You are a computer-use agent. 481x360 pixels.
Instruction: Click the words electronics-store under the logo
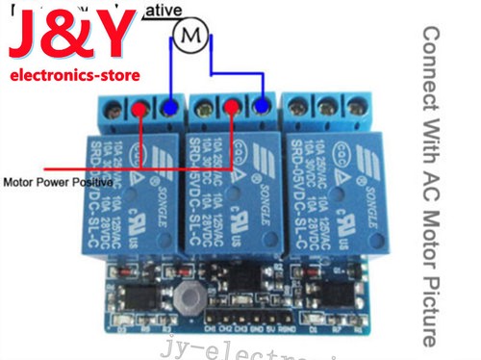[x=74, y=75]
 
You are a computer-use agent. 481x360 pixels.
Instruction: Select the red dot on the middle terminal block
[x=233, y=108]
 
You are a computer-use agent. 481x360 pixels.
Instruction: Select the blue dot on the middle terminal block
[x=264, y=108]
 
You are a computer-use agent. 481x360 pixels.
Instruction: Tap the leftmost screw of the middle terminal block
[x=204, y=108]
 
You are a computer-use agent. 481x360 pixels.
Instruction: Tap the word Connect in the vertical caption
[x=432, y=62]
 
